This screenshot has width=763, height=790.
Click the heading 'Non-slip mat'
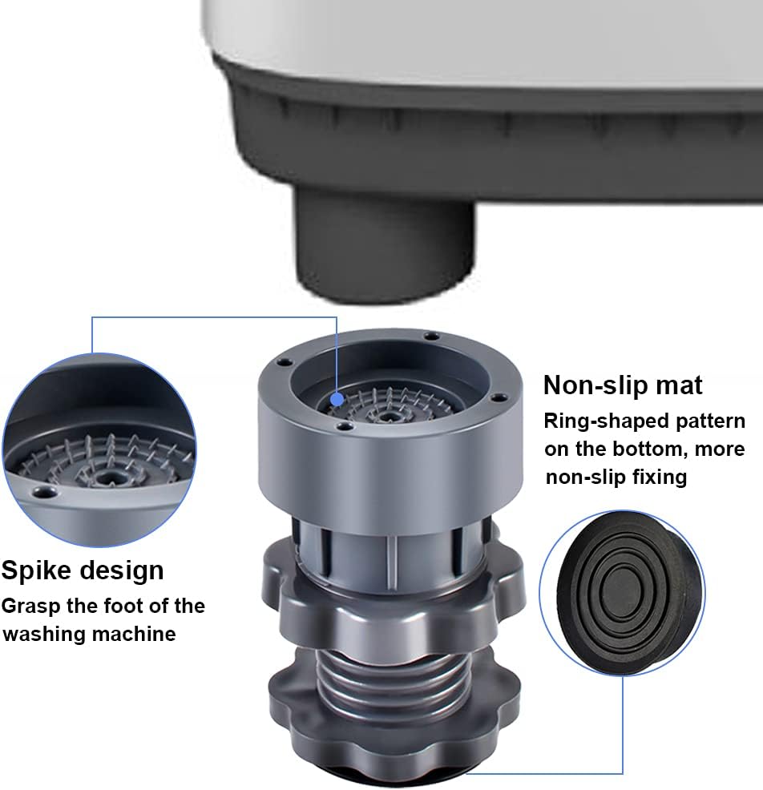pyautogui.click(x=623, y=385)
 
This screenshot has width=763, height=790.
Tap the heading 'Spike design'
pyautogui.click(x=83, y=570)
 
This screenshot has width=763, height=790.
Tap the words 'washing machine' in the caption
pyautogui.click(x=89, y=634)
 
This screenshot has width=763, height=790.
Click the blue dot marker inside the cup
pyautogui.click(x=337, y=400)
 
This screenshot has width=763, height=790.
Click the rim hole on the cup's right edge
pyautogui.click(x=499, y=398)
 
